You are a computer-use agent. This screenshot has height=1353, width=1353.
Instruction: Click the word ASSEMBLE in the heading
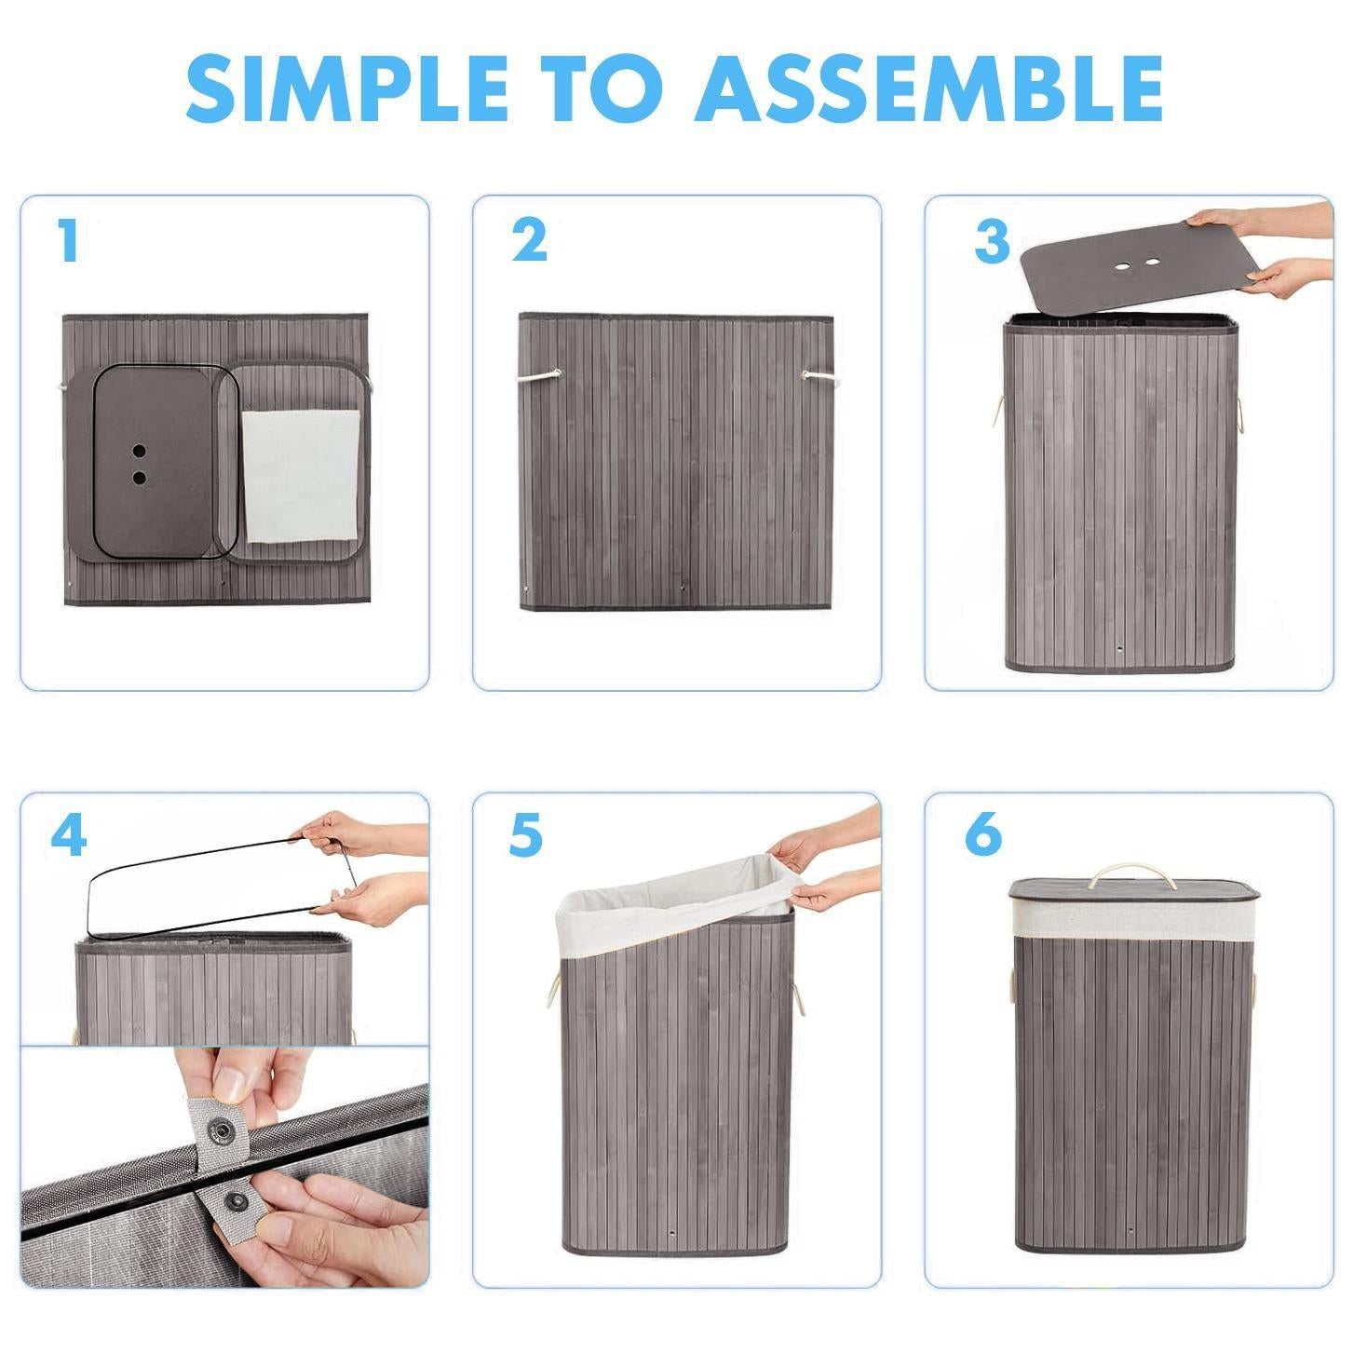coord(929,88)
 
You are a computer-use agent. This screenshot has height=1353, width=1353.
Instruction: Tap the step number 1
coord(69,240)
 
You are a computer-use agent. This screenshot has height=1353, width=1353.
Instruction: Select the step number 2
coord(530,240)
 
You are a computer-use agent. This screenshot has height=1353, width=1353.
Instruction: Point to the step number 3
coord(992,240)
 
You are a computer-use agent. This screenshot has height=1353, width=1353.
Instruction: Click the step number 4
coord(69,834)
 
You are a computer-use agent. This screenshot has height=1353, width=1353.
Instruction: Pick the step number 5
coord(526,834)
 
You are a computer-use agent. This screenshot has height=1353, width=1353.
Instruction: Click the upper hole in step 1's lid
coord(139,449)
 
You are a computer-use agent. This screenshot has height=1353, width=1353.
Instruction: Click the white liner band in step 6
coord(1134,921)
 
